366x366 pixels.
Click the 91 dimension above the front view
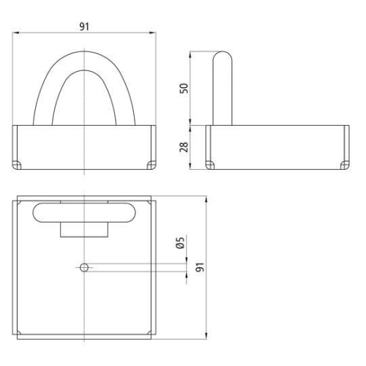[x=85, y=26]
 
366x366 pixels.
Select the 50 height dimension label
[x=184, y=88]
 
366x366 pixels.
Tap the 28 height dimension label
[x=184, y=147]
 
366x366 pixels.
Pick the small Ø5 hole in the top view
[x=84, y=267]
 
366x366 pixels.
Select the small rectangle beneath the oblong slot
[x=84, y=229]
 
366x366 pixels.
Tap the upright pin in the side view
[x=222, y=88]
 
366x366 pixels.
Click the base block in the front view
[x=85, y=146]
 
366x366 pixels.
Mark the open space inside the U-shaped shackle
[x=85, y=102]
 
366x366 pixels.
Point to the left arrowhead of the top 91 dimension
[x=17, y=33]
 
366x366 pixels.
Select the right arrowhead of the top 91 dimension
[x=154, y=33]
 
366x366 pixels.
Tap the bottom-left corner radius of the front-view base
[x=18, y=164]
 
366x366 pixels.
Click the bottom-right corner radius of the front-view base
[x=152, y=164]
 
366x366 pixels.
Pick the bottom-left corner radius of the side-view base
[x=210, y=164]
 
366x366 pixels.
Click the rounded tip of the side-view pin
[x=222, y=54]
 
